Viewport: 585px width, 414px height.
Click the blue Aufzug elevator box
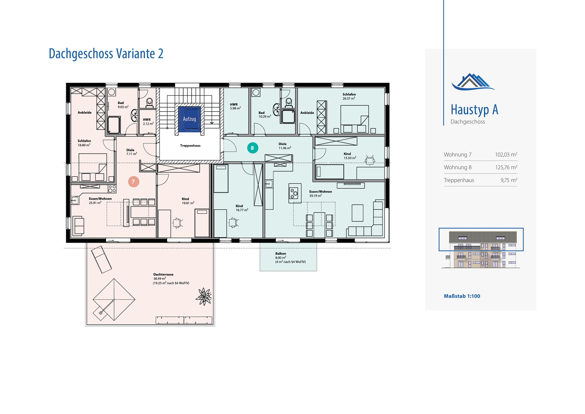click(x=189, y=119)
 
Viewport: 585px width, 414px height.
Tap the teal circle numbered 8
click(x=253, y=148)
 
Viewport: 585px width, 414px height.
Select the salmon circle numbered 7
click(x=133, y=182)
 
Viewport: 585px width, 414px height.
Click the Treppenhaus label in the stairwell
click(x=190, y=146)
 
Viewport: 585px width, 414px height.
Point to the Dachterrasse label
click(x=163, y=274)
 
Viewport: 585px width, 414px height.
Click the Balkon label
click(x=280, y=253)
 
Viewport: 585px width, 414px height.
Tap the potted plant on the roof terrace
click(x=204, y=296)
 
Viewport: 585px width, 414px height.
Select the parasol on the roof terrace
click(x=114, y=300)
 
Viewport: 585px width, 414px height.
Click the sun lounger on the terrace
click(x=101, y=260)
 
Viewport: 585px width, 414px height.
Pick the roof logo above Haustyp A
click(x=473, y=82)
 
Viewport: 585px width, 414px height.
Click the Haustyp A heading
click(x=474, y=109)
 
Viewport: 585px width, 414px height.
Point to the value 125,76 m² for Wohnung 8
click(x=506, y=167)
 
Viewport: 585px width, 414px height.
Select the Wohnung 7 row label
click(x=457, y=154)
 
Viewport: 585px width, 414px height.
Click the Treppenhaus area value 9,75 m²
click(x=509, y=180)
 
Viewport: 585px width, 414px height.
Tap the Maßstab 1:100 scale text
click(x=462, y=296)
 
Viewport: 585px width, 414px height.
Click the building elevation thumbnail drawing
click(x=481, y=250)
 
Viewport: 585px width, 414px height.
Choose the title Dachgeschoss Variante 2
click(x=106, y=53)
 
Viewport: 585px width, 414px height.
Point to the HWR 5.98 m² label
click(x=235, y=106)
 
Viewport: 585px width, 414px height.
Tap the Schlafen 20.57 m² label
click(x=349, y=96)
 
